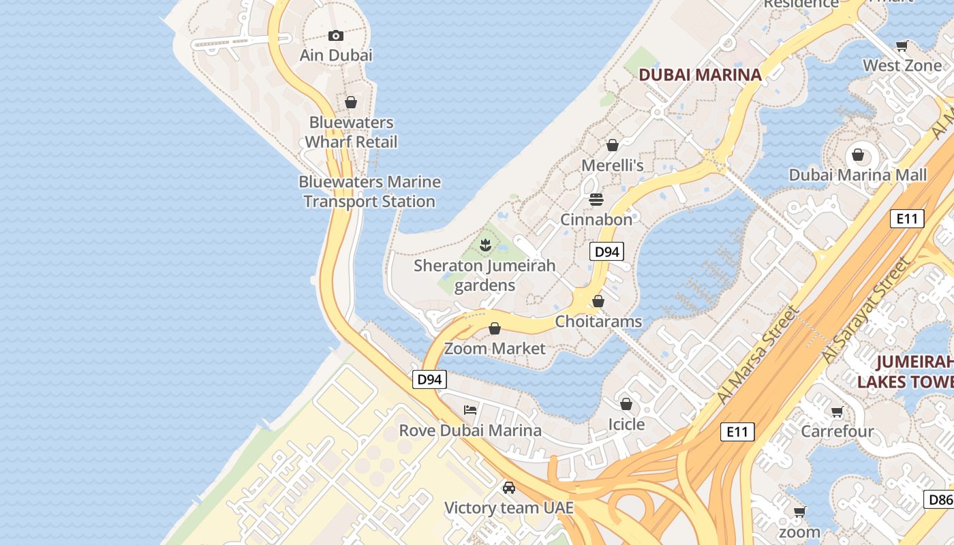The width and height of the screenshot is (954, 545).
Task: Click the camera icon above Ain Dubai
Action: click(335, 35)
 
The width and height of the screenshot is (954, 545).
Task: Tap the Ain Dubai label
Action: click(336, 55)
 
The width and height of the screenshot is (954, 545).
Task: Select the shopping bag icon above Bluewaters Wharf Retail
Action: click(351, 102)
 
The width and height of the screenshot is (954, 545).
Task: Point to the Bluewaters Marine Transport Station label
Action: click(369, 191)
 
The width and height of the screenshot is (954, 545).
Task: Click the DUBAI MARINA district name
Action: click(700, 75)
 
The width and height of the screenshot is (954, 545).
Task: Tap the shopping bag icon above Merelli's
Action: click(612, 145)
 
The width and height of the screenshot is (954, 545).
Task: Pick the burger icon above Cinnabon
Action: click(596, 199)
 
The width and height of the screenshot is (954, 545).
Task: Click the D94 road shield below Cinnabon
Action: click(606, 251)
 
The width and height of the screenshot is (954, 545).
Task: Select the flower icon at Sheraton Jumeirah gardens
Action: click(485, 245)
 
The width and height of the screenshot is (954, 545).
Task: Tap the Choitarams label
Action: click(598, 321)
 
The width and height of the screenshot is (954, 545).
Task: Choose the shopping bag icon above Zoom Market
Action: click(495, 328)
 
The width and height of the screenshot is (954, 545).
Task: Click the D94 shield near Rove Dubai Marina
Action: click(429, 379)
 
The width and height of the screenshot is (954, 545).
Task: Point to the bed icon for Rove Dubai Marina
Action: click(470, 409)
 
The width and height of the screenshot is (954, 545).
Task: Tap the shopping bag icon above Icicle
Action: click(626, 404)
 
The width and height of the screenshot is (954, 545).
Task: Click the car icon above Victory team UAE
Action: click(508, 487)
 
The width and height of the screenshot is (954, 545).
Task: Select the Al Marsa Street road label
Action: click(757, 355)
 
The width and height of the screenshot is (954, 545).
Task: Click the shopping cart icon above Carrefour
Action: click(837, 411)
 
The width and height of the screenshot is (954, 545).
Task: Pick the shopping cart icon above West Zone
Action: click(902, 46)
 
